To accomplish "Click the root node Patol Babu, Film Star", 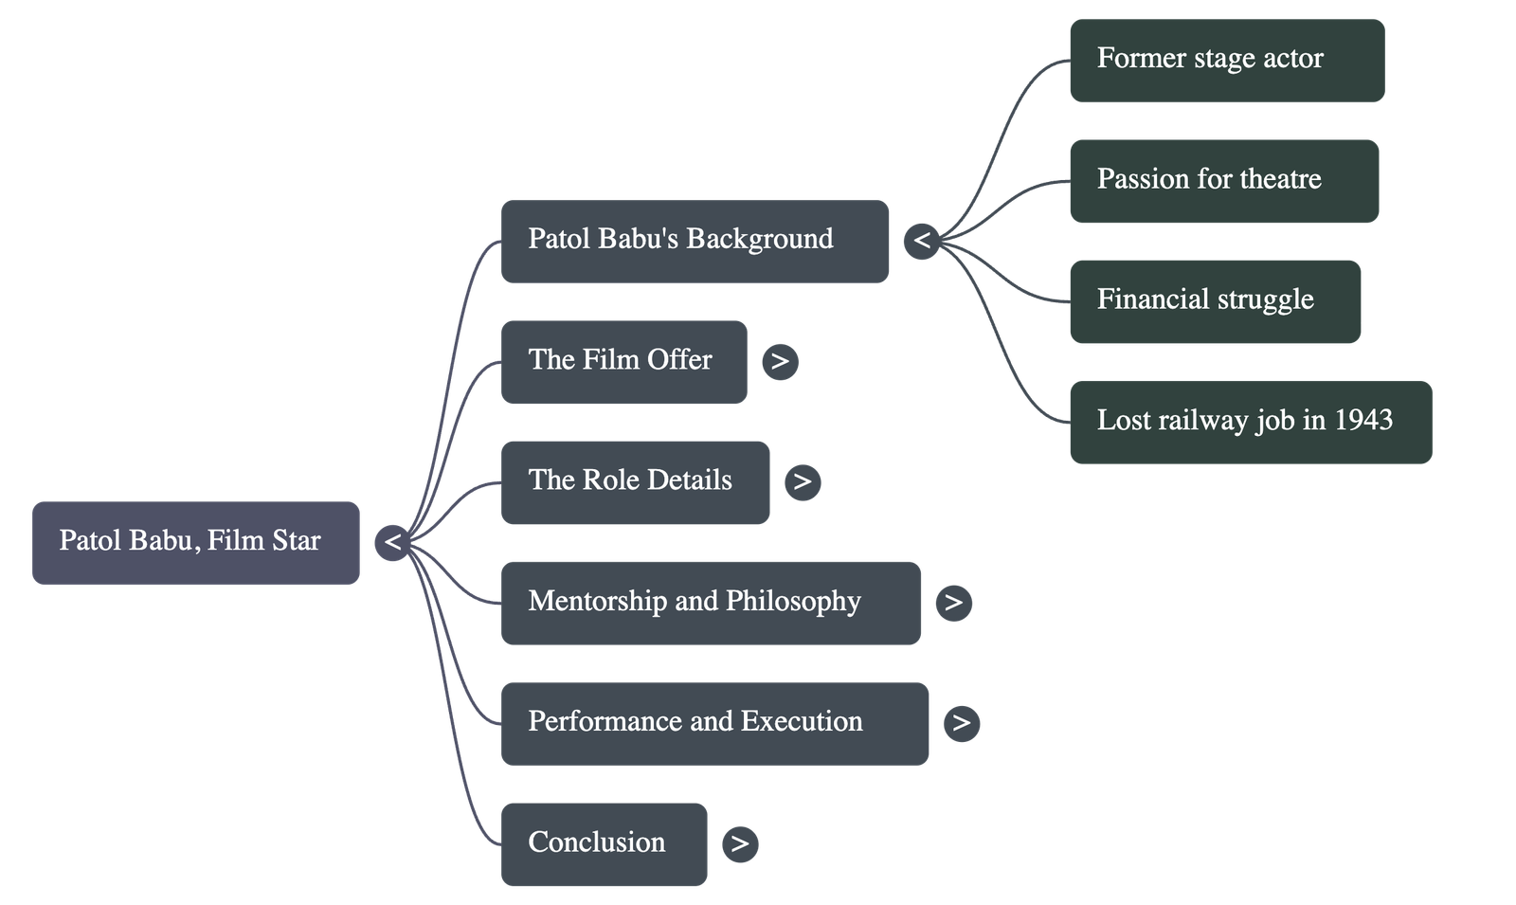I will point(195,542).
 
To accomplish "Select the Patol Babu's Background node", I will point(695,241).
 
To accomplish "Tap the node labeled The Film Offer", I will point(623,361).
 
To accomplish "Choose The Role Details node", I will point(635,481).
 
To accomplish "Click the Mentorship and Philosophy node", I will point(710,603).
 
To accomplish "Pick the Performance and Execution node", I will point(714,723).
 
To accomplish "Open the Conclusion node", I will point(604,843).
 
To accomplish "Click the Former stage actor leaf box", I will point(1227,60).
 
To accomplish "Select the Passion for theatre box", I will point(1224,180).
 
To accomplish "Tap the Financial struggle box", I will point(1216,300).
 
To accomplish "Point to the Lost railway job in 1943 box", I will point(1251,421).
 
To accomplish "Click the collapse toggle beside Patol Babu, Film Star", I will point(392,543).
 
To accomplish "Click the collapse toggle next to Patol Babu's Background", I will point(922,241).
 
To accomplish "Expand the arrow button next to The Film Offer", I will point(780,361).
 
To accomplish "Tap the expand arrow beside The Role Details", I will point(803,481).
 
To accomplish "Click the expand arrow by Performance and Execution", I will point(962,723).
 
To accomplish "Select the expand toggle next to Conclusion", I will point(740,843).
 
